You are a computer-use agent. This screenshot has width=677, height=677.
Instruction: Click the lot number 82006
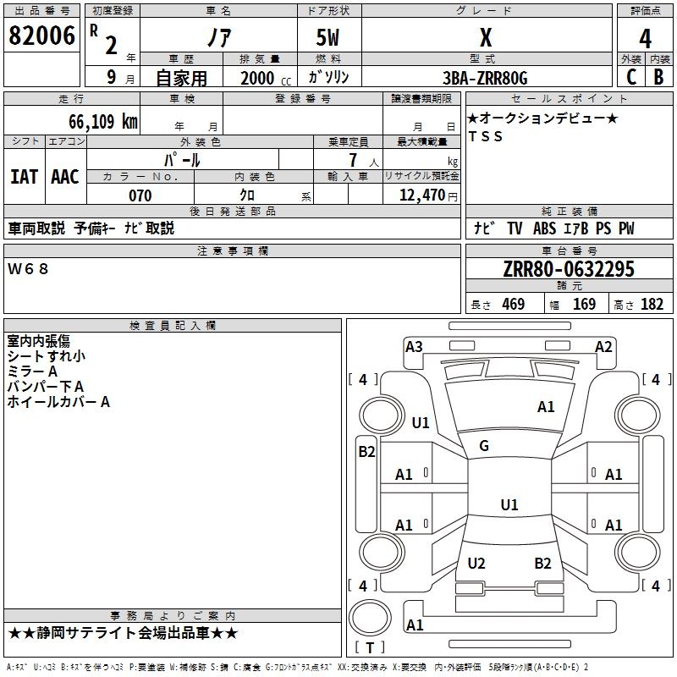point(41,36)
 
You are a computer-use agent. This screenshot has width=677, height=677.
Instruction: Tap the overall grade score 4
point(645,39)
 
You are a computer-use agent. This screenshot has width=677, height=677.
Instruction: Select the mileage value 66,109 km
point(103,122)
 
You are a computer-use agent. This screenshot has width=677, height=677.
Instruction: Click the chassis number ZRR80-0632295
point(569,269)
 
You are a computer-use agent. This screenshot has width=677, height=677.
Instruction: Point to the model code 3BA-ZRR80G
point(485,78)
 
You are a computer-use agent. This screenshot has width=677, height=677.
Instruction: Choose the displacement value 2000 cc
point(266,78)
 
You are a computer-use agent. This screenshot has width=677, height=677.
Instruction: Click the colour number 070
point(140,195)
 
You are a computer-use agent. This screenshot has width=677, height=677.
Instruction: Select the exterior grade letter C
point(631,77)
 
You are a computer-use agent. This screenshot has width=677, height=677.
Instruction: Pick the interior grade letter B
point(658,77)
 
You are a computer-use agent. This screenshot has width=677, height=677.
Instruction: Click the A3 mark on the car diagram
point(414,347)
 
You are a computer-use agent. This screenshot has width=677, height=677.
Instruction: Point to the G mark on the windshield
point(484,446)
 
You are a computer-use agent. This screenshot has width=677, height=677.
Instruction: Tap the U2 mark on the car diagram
point(476,564)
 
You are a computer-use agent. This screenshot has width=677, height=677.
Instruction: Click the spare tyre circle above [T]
point(370,618)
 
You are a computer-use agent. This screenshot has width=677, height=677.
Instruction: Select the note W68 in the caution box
point(28,269)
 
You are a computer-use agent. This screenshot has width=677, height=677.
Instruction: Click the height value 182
point(652,304)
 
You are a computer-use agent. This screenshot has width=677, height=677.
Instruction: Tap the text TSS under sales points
point(486,136)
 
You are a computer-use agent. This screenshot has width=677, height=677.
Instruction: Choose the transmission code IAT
point(24,177)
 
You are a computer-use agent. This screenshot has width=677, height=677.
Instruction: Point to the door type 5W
point(327,37)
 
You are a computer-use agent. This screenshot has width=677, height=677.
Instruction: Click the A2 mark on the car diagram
point(603,347)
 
